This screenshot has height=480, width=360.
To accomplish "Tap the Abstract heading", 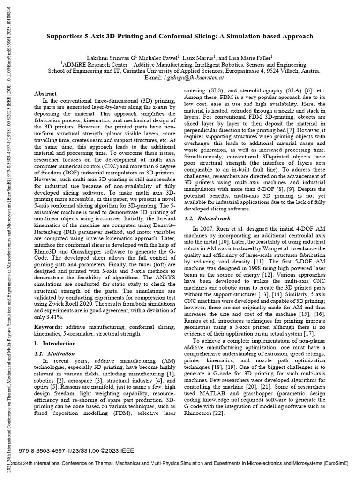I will click(46, 94).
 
